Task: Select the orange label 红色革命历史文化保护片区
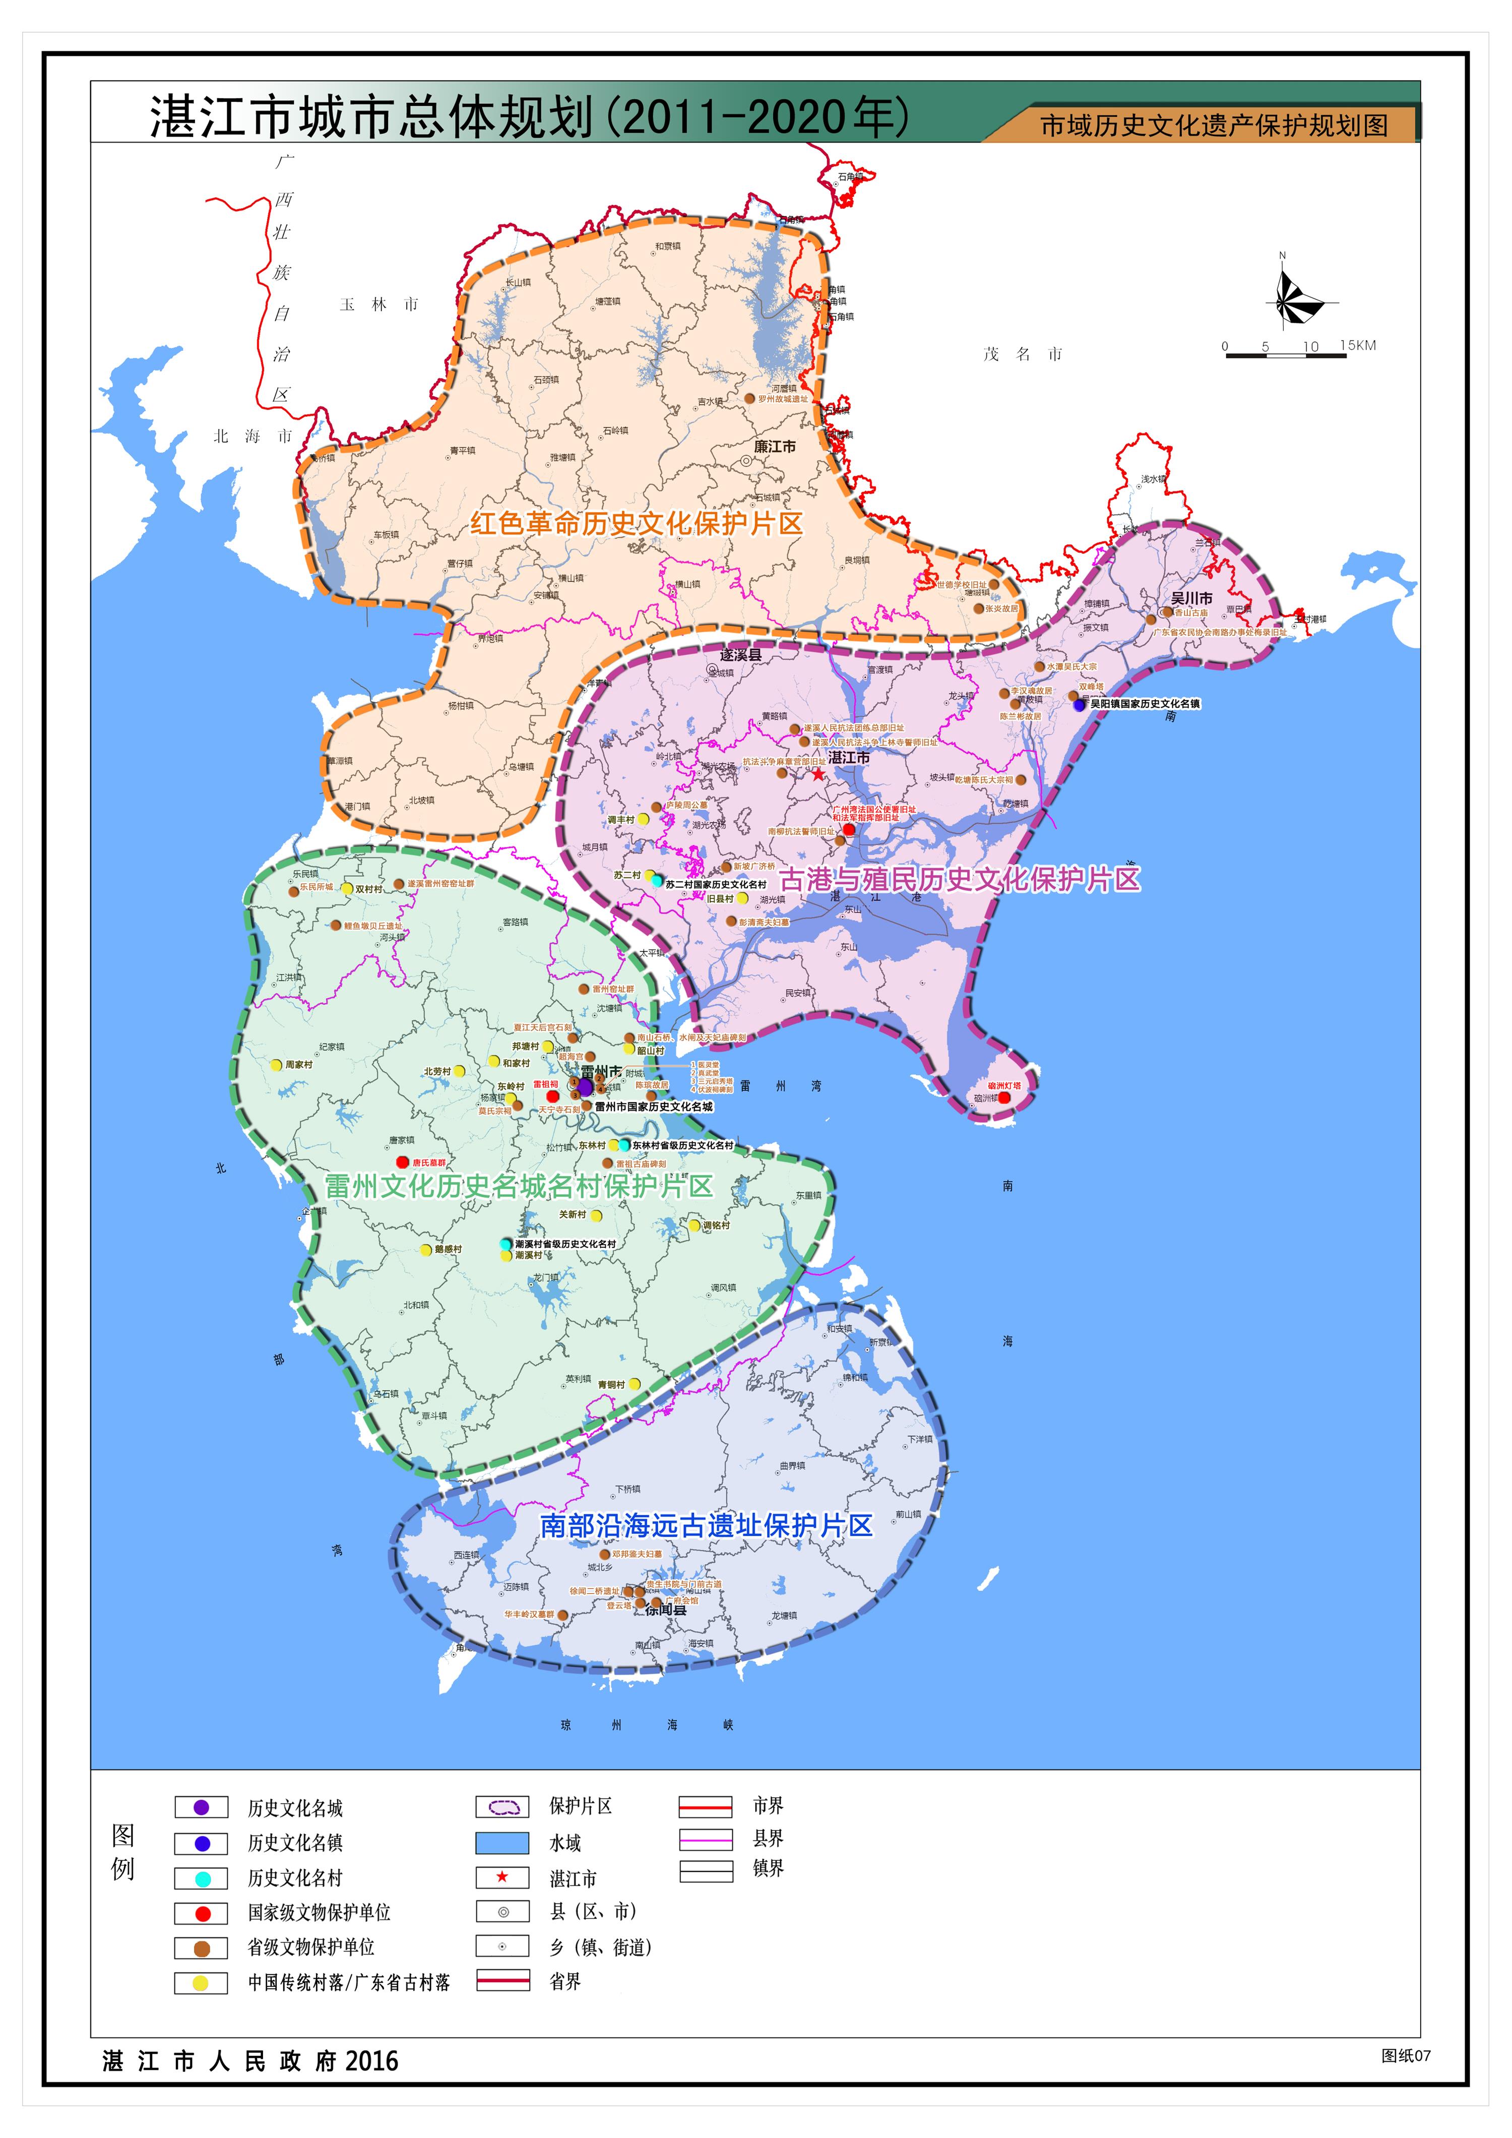tap(636, 523)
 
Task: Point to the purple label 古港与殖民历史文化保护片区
tap(959, 879)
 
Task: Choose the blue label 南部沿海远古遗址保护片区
tap(707, 1525)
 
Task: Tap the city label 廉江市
tap(775, 447)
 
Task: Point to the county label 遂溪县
tap(740, 655)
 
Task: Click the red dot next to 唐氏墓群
tap(402, 1162)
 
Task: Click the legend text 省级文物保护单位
tap(311, 1947)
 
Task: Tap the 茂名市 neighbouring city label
tap(1022, 354)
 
